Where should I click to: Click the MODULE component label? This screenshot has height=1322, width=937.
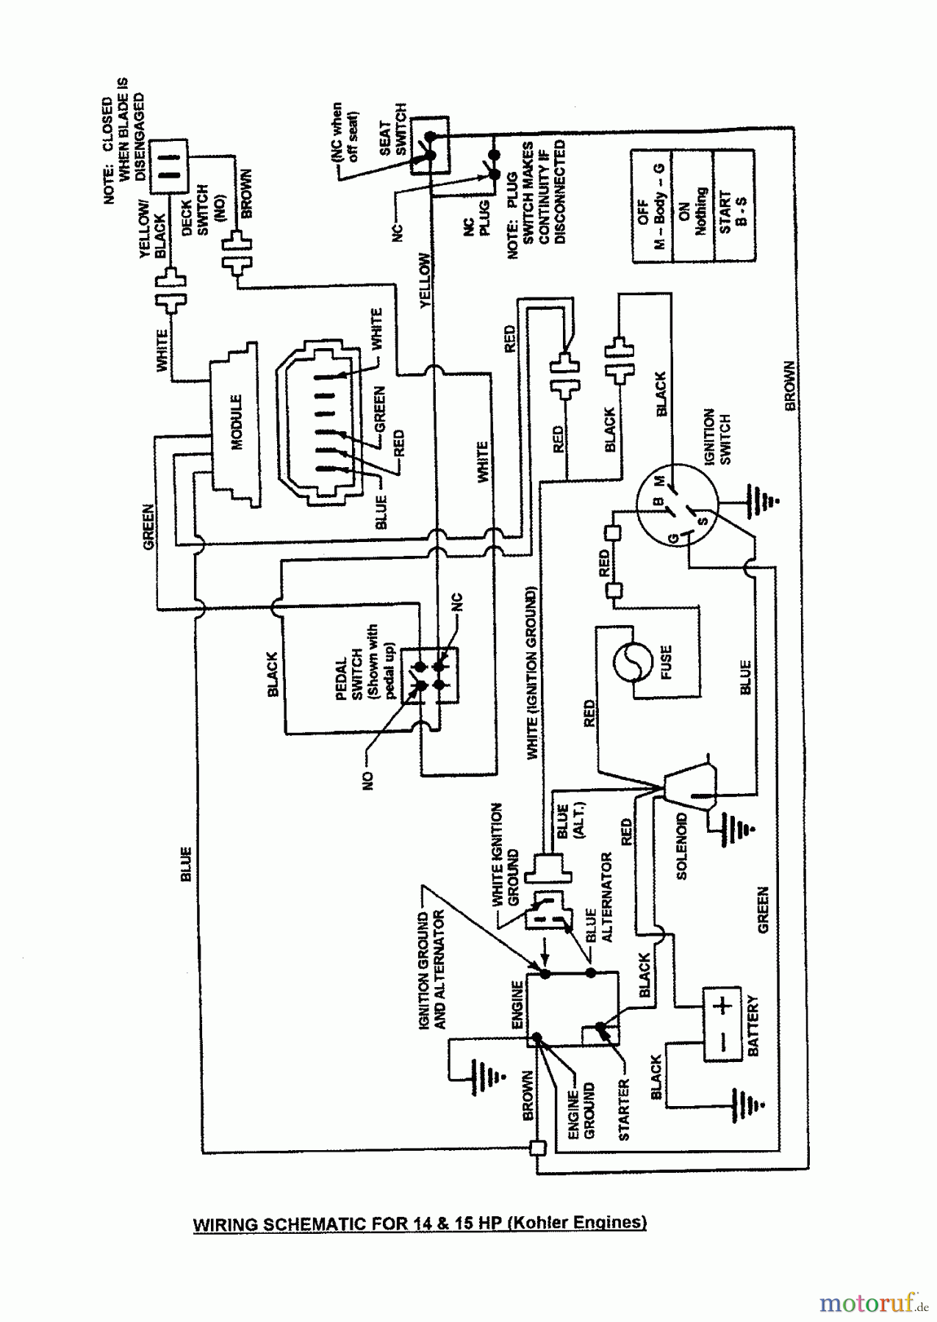tap(237, 422)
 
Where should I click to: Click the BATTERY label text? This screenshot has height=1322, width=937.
tap(753, 1026)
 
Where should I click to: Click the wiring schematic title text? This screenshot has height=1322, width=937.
tap(420, 1223)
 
